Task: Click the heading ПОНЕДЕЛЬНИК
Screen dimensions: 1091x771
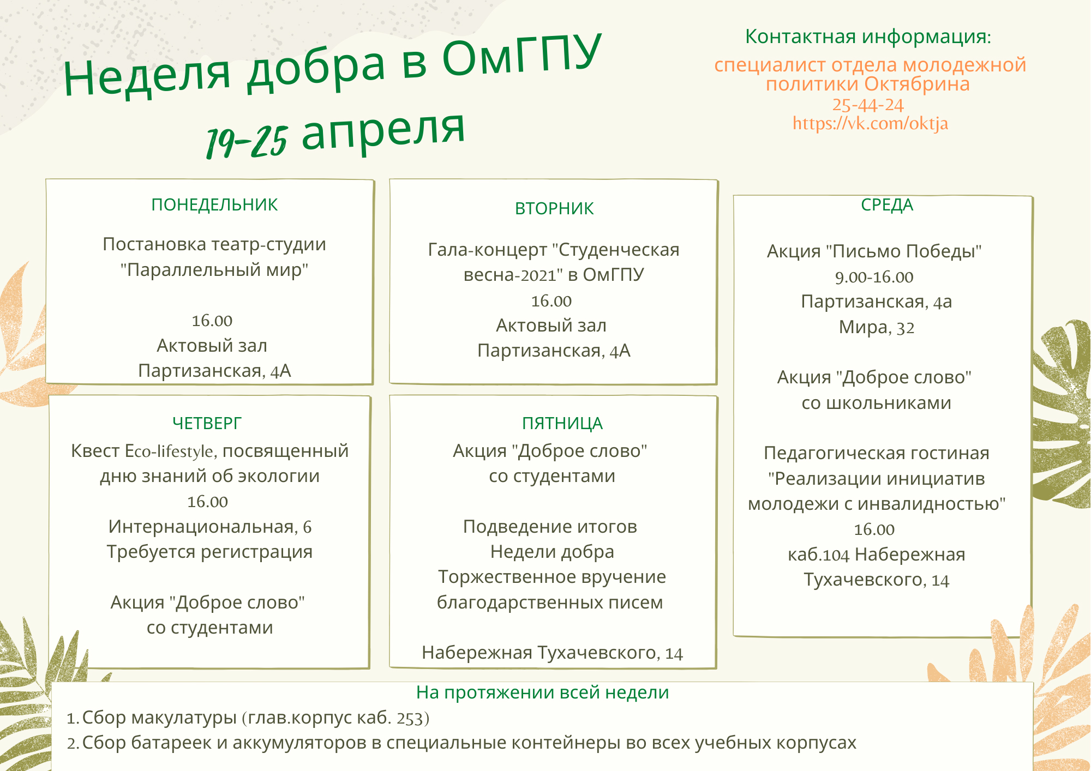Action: pos(214,204)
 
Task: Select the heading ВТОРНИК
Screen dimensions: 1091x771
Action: pos(554,208)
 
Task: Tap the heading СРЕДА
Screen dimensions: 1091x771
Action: pos(887,205)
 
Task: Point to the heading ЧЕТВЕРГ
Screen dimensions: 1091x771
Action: pos(207,423)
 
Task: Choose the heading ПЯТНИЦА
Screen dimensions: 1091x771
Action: pos(562,423)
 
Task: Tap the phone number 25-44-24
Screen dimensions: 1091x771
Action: pos(868,105)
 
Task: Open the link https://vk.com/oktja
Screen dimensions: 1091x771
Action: pos(870,124)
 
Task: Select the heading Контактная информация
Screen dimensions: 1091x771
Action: pos(868,37)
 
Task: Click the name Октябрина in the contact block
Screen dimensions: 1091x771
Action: pos(917,84)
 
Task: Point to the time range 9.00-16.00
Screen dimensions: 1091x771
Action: pos(874,277)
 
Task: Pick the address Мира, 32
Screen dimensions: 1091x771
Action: pos(876,327)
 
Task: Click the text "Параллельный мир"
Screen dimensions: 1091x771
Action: pos(214,269)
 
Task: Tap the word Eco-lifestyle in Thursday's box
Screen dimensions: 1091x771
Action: pos(169,451)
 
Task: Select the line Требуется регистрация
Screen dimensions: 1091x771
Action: pos(209,552)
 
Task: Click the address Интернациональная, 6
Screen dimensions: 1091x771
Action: pos(209,527)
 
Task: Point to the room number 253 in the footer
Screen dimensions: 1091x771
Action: pos(409,719)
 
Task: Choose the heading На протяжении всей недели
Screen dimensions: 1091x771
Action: pos(542,692)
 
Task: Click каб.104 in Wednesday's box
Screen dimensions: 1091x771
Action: pos(818,555)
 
